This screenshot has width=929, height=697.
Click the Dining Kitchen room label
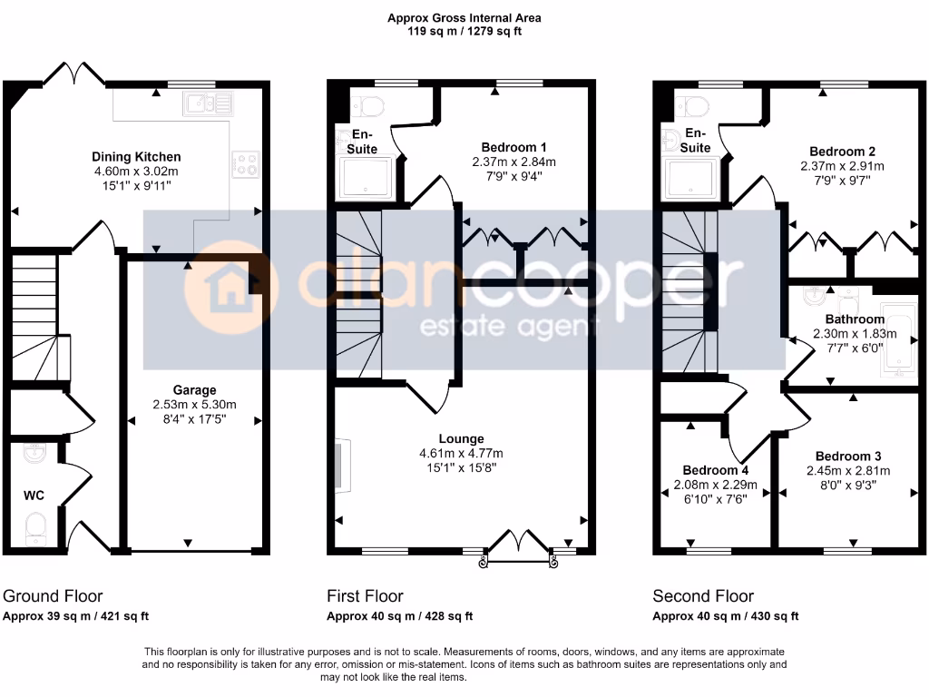[x=136, y=157]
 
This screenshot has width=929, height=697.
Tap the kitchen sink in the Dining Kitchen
[x=209, y=104]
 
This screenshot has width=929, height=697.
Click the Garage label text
[x=193, y=390]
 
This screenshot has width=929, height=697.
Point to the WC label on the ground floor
[x=34, y=495]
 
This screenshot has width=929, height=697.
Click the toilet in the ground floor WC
[x=35, y=527]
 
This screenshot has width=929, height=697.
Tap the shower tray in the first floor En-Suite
[x=366, y=178]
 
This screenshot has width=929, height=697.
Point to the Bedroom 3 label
[x=848, y=456]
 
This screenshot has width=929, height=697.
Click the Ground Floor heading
[x=53, y=596]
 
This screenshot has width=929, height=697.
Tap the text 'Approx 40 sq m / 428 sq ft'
[x=399, y=616]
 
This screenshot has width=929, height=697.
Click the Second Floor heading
[x=703, y=596]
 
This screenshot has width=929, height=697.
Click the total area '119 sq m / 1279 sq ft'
[x=464, y=31]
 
